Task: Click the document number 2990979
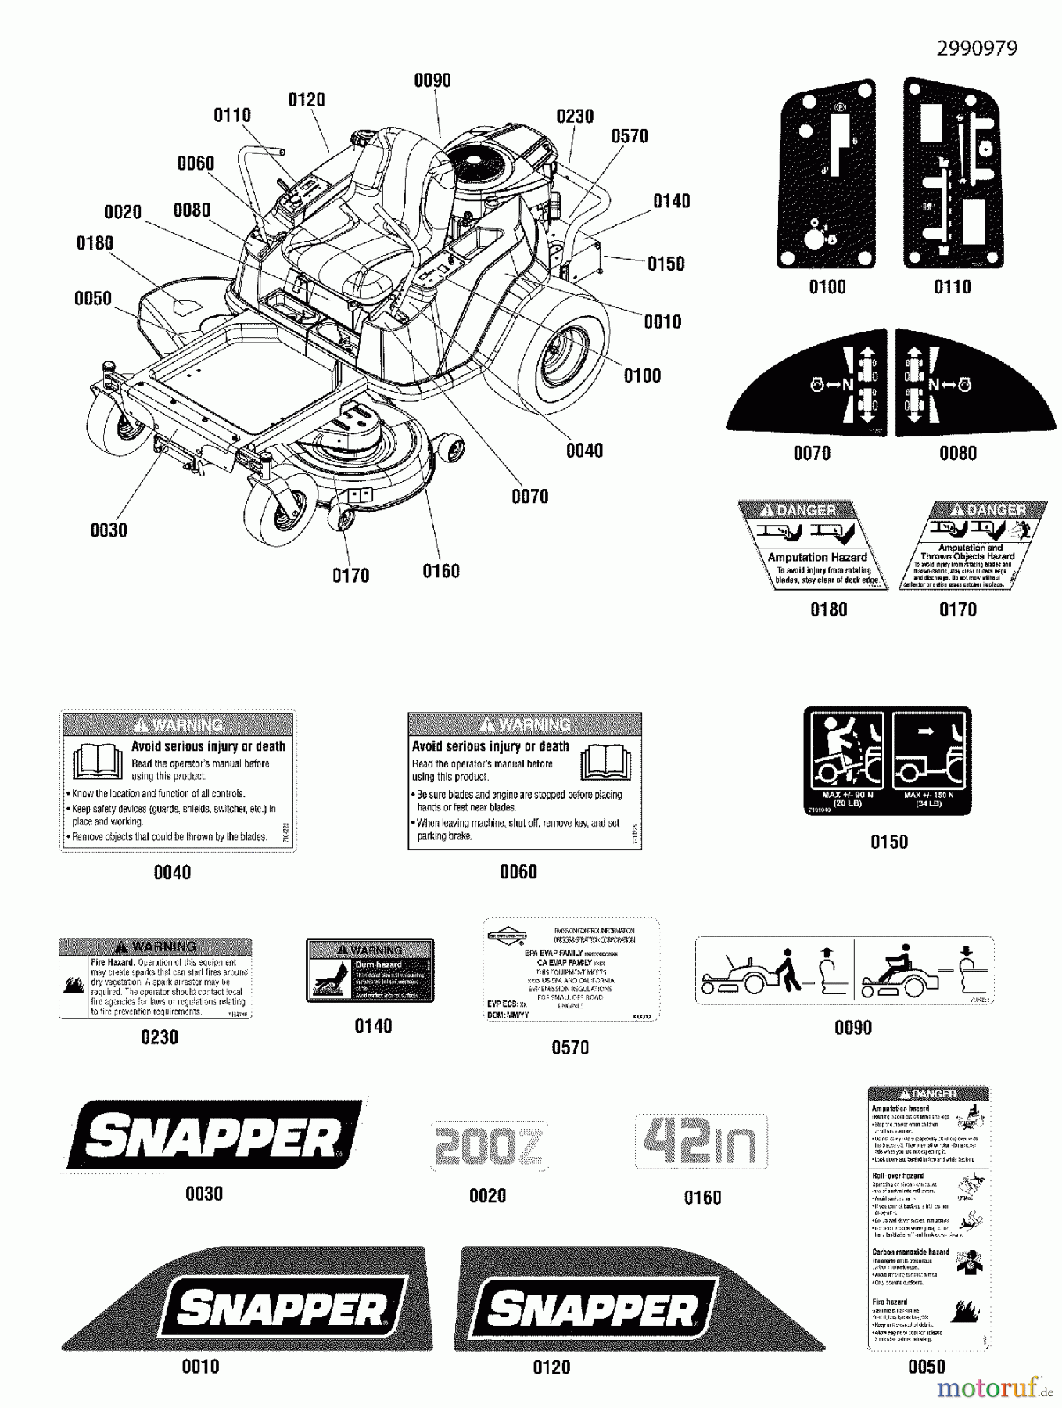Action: coord(978,48)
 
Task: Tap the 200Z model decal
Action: coord(487,1147)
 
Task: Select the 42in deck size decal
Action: coord(701,1142)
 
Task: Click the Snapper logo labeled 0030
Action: coord(213,1135)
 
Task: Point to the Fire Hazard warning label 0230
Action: coord(156,979)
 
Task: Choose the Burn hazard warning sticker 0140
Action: coord(370,971)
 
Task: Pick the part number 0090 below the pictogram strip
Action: coord(852,1028)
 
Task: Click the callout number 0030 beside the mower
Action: coord(109,530)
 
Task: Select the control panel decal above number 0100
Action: coord(827,173)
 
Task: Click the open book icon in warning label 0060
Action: coord(605,761)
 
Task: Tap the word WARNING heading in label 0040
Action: coord(178,724)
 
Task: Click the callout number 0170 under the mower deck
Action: coord(350,576)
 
